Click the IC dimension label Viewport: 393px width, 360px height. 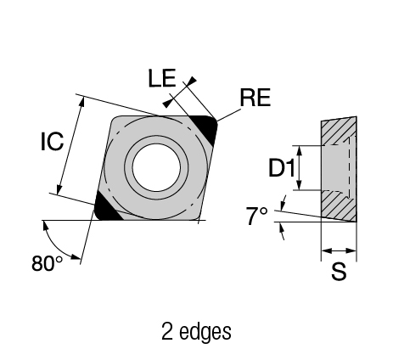(x=53, y=141)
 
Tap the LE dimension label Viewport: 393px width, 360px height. (x=162, y=78)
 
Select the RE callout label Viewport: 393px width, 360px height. (x=255, y=98)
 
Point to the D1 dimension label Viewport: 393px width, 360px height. (x=282, y=168)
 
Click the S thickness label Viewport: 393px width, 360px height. (x=339, y=271)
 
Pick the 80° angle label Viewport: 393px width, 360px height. (x=48, y=263)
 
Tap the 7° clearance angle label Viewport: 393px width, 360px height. (x=256, y=216)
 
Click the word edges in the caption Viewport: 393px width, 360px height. (x=205, y=332)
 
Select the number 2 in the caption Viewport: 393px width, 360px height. (x=167, y=331)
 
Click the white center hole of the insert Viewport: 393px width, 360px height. (x=156, y=167)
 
